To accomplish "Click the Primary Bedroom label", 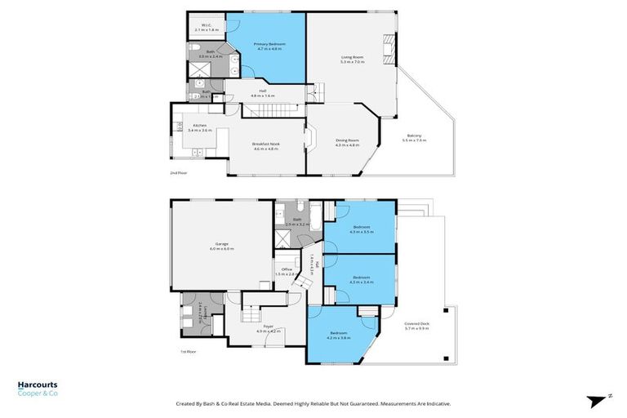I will click(x=269, y=46).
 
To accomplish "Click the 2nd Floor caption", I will click(x=178, y=173).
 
